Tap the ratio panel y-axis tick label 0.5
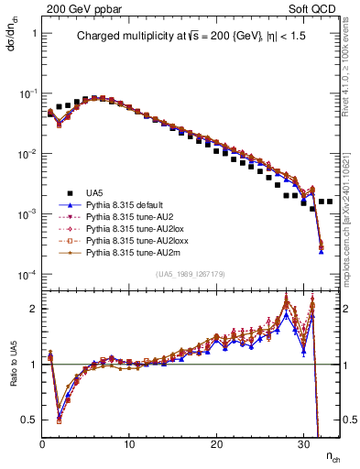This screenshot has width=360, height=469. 29,420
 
